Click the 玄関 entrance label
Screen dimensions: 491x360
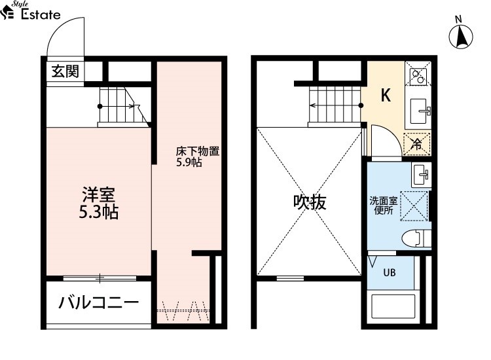click(65, 71)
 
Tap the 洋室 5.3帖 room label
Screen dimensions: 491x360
click(98, 203)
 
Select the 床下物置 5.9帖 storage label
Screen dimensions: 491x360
click(197, 156)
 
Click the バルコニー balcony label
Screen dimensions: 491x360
click(99, 302)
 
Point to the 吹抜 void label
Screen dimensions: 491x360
click(310, 202)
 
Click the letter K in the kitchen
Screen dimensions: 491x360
click(386, 95)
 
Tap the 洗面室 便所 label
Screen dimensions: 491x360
click(384, 206)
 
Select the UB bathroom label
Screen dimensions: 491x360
click(390, 273)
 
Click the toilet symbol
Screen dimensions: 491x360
click(416, 238)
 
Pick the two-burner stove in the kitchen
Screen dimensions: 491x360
click(418, 73)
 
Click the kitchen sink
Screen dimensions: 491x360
click(419, 111)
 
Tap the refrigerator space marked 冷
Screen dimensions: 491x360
click(417, 144)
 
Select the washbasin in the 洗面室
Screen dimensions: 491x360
click(422, 175)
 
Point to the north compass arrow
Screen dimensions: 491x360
click(461, 36)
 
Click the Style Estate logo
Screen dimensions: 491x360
click(30, 10)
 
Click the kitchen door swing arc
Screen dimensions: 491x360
click(392, 132)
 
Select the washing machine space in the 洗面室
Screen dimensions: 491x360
click(414, 206)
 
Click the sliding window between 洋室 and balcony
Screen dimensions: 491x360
click(100, 278)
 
